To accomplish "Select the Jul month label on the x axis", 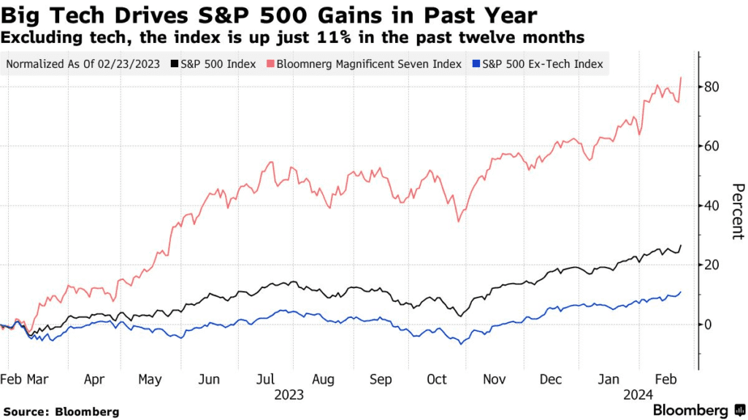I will coord(266,380).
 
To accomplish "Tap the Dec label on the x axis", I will coord(552,380).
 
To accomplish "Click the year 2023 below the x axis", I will coord(289,395).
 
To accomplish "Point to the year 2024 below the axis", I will coord(638,395).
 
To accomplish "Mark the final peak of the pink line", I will coord(682,77).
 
